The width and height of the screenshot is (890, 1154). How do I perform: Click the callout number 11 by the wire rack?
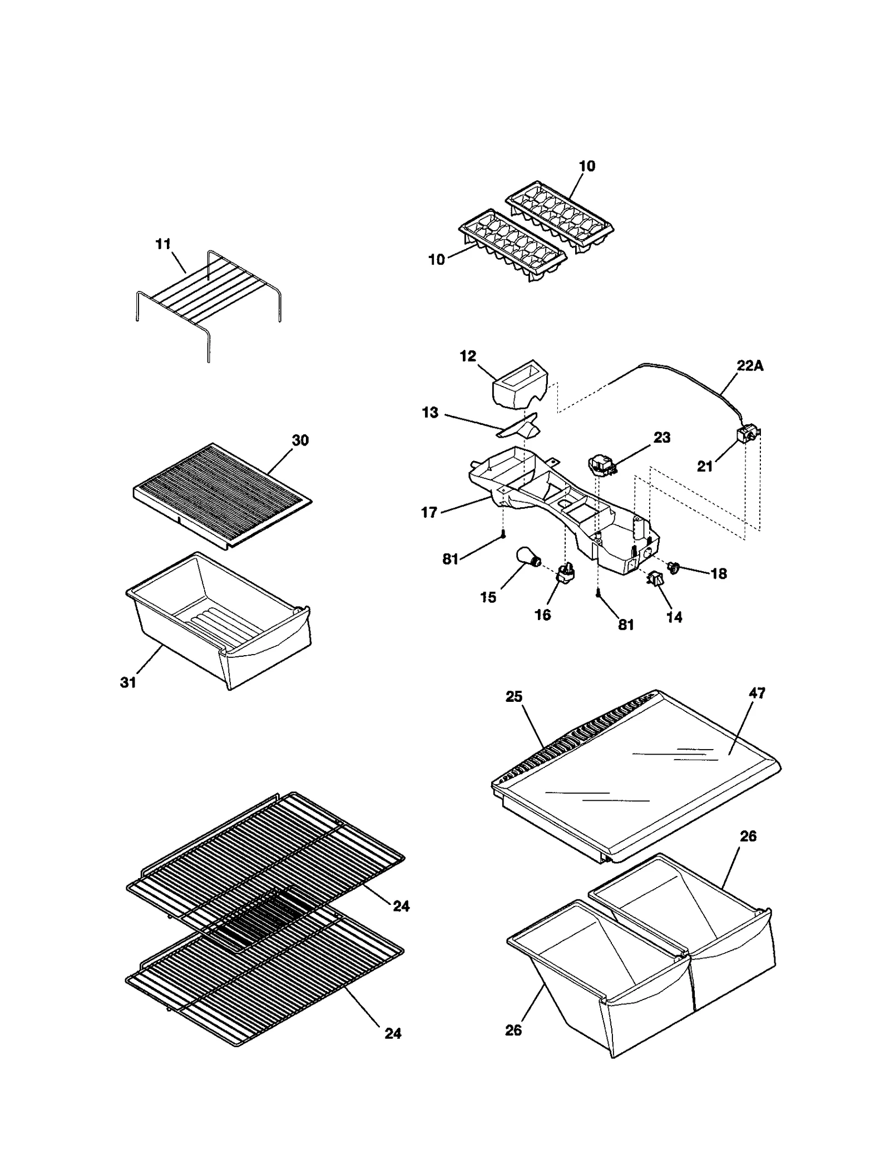tap(163, 244)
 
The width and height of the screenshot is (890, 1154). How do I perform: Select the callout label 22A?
tap(750, 366)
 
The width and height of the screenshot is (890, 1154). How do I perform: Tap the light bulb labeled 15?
tap(527, 557)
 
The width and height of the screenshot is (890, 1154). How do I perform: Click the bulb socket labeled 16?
tap(565, 574)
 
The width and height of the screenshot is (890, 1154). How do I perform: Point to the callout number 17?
tap(429, 512)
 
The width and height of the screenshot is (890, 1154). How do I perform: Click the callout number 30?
tap(300, 440)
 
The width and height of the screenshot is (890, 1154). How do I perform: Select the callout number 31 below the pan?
tap(128, 682)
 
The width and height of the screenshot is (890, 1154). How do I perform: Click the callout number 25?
tap(514, 697)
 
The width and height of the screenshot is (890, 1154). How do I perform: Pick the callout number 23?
tap(662, 437)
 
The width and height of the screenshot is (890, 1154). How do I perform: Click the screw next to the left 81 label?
tap(503, 535)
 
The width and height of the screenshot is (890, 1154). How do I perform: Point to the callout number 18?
tap(719, 574)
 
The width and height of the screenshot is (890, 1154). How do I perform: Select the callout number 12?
tap(468, 356)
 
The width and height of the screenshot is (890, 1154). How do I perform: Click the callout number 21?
tap(705, 467)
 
